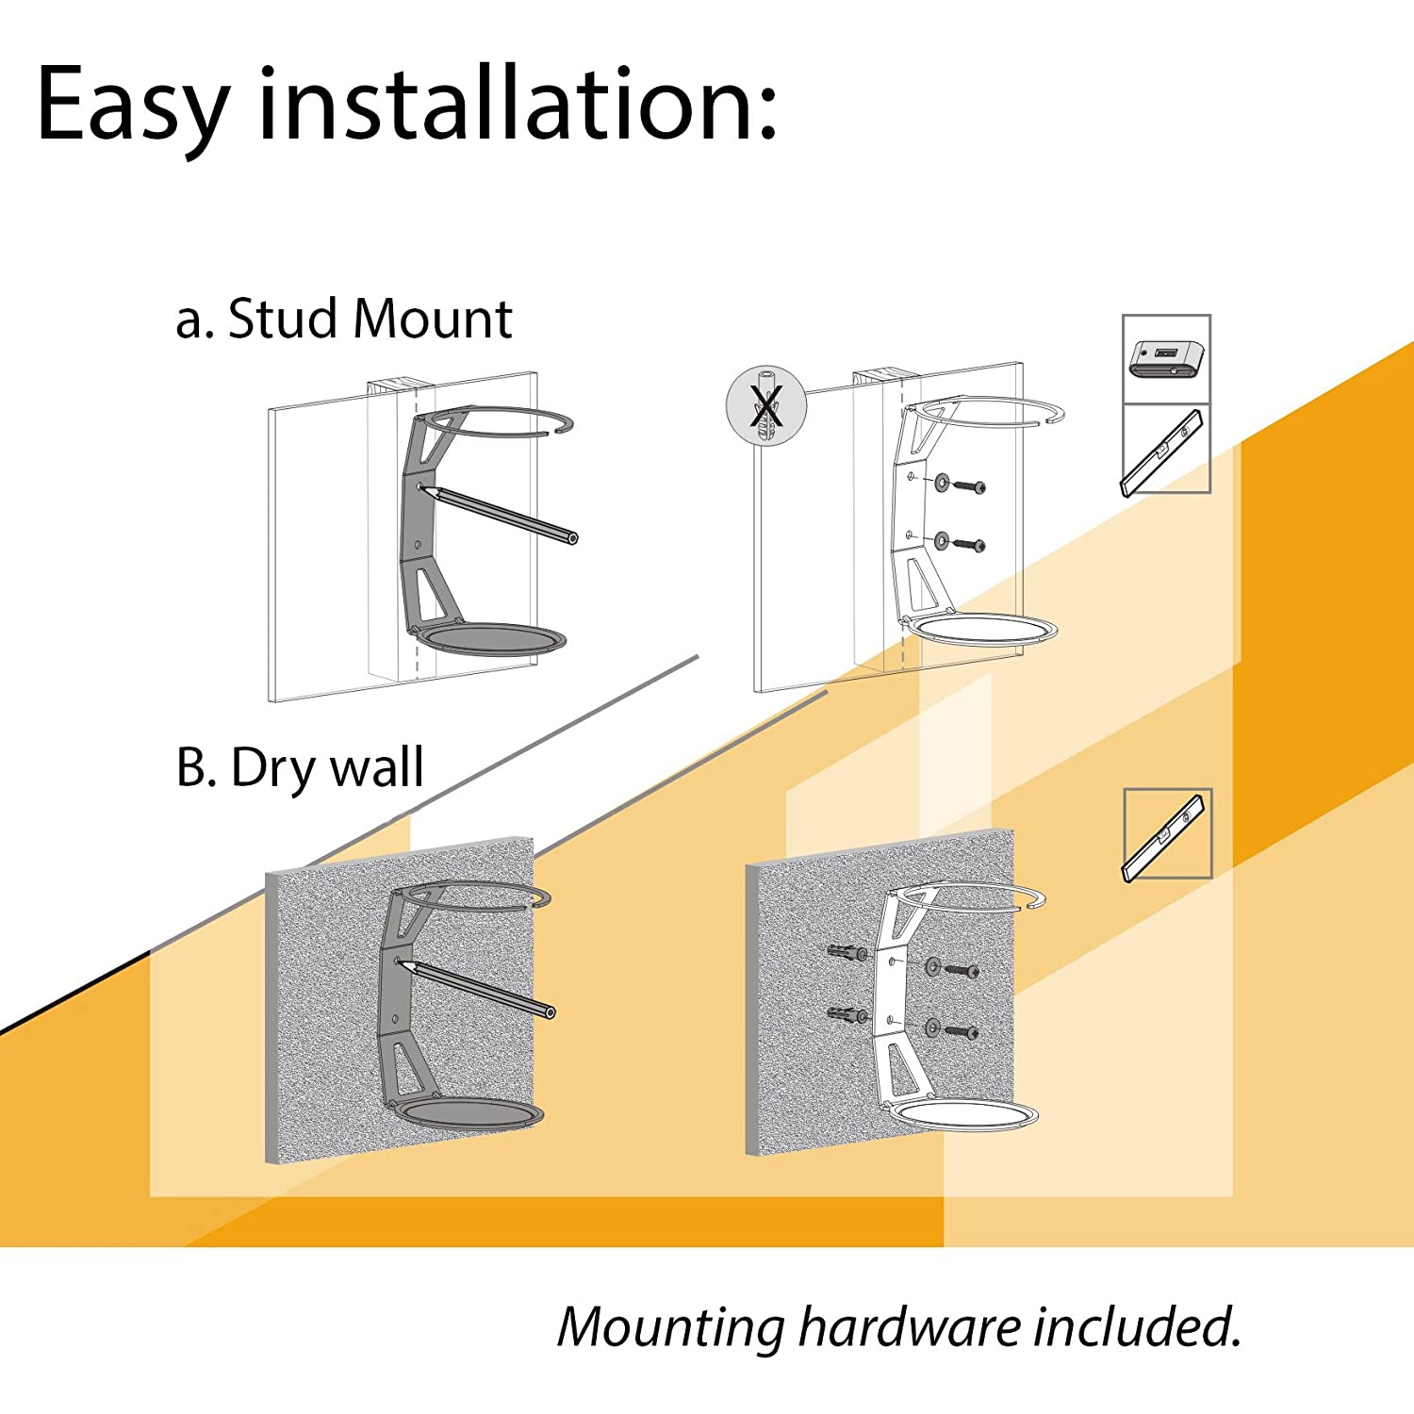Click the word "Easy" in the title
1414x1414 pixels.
point(133,106)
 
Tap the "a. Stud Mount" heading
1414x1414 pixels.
point(343,319)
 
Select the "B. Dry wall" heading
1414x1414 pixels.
point(300,767)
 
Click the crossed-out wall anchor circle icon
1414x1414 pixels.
point(766,406)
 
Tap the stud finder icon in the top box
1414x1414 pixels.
point(1166,359)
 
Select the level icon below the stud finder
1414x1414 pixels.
point(1166,450)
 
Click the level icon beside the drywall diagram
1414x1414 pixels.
point(1167,834)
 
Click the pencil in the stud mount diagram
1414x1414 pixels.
point(500,513)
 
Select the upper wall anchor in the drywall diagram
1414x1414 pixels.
point(847,953)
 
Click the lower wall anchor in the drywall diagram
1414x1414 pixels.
point(847,1015)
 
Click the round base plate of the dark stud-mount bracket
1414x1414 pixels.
point(491,639)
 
